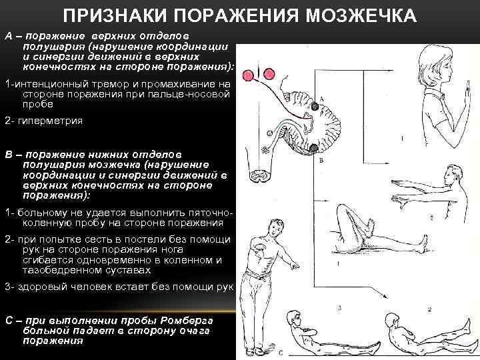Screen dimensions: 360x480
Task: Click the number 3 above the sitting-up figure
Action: coord(339,308)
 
